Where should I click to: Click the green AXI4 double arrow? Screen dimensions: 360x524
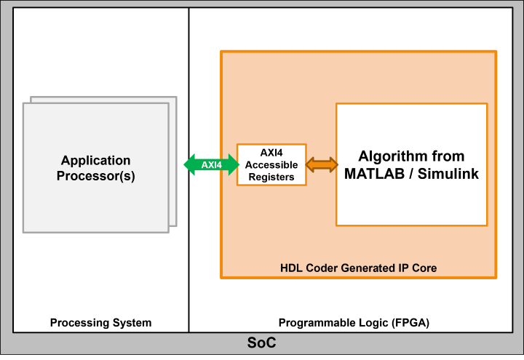click(211, 164)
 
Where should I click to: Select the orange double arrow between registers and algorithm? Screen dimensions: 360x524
click(322, 164)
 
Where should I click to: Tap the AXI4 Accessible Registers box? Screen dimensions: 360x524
click(271, 164)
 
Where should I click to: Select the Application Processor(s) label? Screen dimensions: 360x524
click(96, 168)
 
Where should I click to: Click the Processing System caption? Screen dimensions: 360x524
click(101, 322)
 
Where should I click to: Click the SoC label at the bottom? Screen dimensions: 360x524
click(262, 343)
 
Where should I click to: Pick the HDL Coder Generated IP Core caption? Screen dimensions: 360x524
click(359, 268)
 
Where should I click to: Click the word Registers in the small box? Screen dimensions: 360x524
click(271, 177)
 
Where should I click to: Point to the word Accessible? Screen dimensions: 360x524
click(271, 165)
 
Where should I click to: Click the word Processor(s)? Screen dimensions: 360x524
click(96, 176)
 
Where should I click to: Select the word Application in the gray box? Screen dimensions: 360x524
click(96, 161)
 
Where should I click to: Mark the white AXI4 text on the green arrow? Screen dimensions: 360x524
click(211, 164)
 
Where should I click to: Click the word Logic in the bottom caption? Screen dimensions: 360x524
click(354, 322)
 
